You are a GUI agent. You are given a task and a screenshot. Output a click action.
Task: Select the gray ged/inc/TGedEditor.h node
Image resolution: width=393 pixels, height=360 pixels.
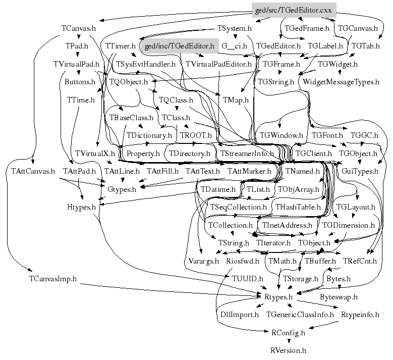click(x=179, y=46)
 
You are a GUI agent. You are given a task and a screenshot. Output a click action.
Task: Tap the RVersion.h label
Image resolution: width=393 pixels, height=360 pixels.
click(x=288, y=349)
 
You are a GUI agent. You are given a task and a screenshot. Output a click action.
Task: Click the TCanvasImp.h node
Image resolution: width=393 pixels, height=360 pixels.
click(x=52, y=279)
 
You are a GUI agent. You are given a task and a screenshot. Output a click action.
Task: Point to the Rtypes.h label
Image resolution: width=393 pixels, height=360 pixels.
click(x=278, y=297)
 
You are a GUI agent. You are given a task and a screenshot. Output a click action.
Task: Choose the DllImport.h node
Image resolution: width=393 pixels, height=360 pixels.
click(x=240, y=315)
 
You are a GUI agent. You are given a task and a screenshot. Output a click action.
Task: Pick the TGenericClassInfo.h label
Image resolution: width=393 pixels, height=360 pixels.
click(x=300, y=315)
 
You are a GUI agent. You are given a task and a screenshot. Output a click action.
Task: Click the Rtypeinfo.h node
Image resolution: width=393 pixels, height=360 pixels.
click(x=360, y=315)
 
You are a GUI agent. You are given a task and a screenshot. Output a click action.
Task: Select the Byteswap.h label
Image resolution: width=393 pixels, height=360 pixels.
click(x=339, y=297)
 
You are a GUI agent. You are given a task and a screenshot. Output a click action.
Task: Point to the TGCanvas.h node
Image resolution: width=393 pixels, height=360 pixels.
click(x=357, y=28)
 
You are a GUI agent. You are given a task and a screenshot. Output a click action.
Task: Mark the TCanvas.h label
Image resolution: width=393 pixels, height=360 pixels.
click(x=78, y=28)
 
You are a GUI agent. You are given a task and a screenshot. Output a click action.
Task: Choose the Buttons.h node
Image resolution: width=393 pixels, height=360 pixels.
click(x=80, y=81)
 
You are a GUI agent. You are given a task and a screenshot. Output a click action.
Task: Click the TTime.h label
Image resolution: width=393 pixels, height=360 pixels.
click(x=81, y=99)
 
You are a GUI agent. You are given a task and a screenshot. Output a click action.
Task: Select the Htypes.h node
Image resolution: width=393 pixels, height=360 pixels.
click(x=81, y=207)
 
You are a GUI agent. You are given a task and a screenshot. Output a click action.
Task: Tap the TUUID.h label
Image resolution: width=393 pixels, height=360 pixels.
click(x=247, y=279)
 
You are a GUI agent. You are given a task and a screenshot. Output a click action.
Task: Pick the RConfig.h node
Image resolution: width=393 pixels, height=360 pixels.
click(x=288, y=332)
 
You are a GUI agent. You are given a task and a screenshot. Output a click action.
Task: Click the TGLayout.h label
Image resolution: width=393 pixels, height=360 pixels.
click(x=356, y=207)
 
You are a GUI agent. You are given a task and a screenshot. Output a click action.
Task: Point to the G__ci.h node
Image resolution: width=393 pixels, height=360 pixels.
click(x=234, y=46)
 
